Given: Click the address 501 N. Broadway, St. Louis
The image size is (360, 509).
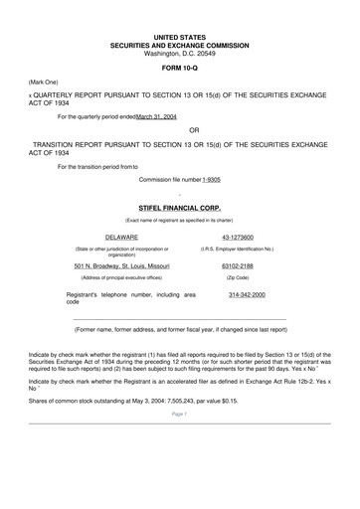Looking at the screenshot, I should pyautogui.click(x=121, y=266).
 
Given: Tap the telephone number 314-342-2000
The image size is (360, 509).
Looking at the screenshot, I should pyautogui.click(x=246, y=296).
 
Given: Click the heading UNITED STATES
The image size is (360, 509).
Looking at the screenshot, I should pyautogui.click(x=179, y=36).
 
